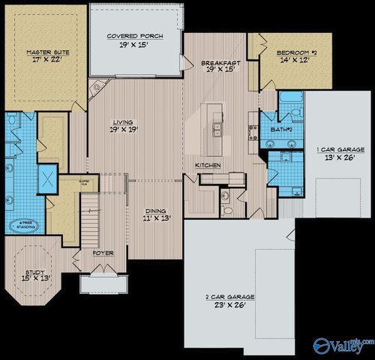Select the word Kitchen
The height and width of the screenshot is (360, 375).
coord(207,164)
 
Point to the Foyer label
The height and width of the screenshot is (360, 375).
coord(103,253)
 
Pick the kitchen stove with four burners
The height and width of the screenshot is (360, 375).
coord(253,133)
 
